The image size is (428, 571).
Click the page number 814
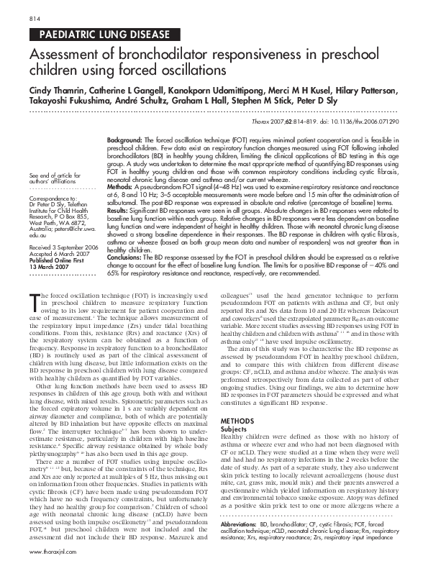tap(35, 17)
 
